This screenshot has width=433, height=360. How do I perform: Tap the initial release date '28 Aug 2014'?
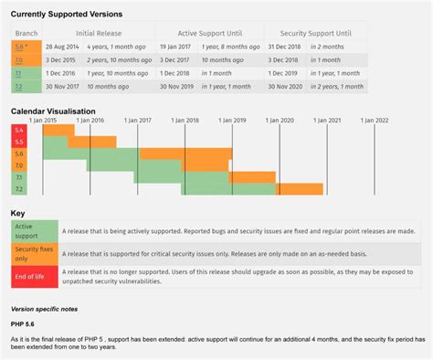61,45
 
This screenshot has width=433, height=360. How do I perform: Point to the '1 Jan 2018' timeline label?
185,119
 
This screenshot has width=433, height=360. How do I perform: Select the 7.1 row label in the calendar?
19,175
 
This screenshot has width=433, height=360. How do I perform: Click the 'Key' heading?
17,212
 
